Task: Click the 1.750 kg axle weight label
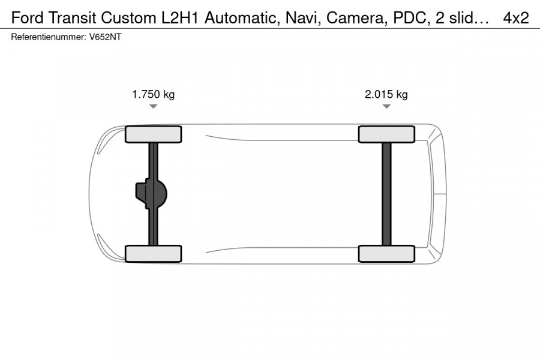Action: pos(153,94)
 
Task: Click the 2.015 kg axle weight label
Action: pos(386,94)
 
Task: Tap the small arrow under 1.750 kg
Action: pos(153,106)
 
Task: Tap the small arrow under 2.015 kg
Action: pos(386,106)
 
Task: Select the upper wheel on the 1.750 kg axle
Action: pos(153,134)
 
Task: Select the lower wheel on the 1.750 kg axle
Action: pos(153,254)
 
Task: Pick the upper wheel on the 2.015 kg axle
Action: pos(386,134)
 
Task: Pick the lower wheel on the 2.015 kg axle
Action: pos(386,254)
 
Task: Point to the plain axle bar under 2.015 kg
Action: pos(387,194)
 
